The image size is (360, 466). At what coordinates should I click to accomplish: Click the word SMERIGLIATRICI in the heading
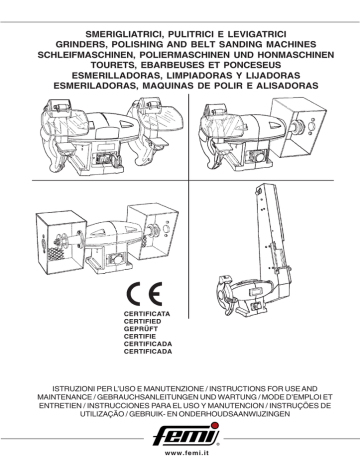tap(125, 34)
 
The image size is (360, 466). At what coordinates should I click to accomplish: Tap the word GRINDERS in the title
tap(81, 44)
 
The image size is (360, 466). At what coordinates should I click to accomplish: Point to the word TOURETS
tap(111, 65)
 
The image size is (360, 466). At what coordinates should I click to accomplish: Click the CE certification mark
tap(145, 294)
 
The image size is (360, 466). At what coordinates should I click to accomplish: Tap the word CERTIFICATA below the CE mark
tap(147, 314)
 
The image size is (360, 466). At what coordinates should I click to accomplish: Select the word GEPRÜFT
tap(141, 329)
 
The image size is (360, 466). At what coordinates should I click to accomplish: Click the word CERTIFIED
tap(142, 322)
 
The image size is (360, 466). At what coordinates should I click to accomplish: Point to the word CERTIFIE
tap(140, 337)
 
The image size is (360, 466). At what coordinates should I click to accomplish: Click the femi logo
tap(186, 435)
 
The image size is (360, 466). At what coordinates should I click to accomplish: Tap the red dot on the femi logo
tap(215, 425)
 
